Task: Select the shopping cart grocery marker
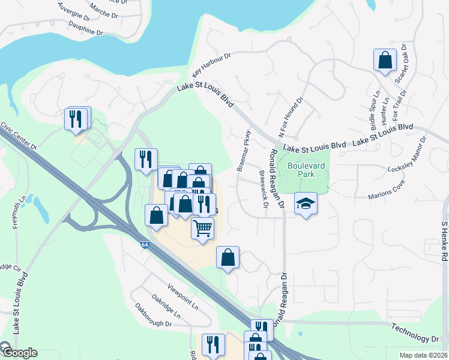[203, 228]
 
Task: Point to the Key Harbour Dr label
[211, 65]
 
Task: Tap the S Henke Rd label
[444, 240]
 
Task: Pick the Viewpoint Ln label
[182, 296]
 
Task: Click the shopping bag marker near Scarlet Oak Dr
[385, 60]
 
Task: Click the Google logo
[19, 353]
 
